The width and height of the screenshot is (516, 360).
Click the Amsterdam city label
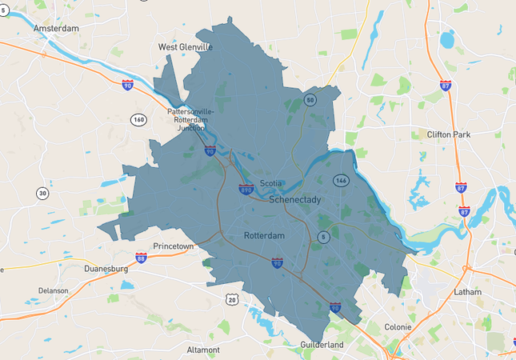coord(56,28)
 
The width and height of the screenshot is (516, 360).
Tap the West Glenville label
coord(186,47)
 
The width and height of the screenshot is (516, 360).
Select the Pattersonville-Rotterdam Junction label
coord(190,119)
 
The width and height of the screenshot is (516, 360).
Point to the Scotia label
coord(271,183)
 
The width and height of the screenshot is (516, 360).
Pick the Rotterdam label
coord(264,235)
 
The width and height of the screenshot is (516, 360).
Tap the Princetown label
coord(174,246)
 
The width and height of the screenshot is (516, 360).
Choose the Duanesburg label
coord(106,269)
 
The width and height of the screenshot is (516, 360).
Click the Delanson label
coord(52,290)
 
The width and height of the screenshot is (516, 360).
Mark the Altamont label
coord(203,350)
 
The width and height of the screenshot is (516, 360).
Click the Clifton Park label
coord(452,134)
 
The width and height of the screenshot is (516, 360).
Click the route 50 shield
coord(310,100)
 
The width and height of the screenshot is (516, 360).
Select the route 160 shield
coord(138,119)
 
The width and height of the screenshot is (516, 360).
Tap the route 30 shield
coord(42,193)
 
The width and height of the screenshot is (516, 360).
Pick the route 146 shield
coord(342,181)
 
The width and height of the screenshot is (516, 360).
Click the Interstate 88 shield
coord(141,258)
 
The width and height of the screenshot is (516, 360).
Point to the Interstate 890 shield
coord(246,190)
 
